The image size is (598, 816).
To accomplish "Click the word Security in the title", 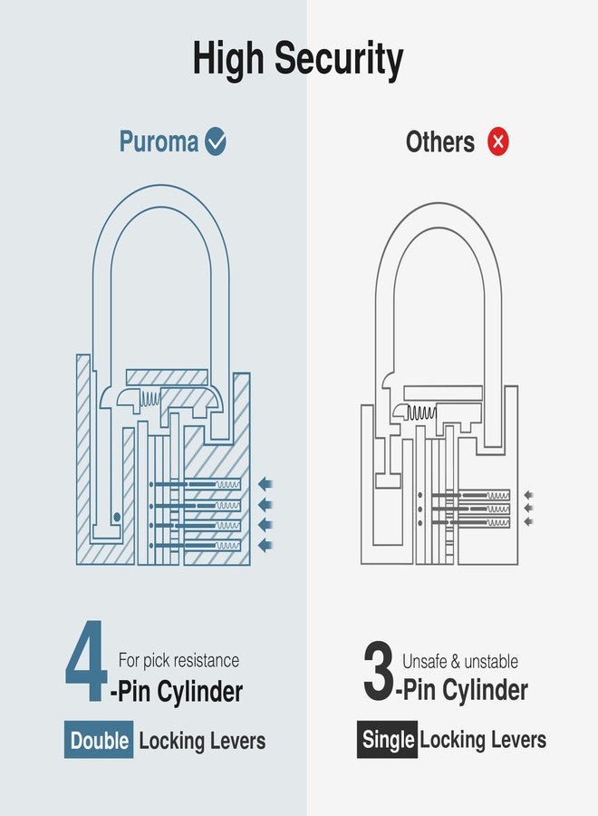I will (339, 60).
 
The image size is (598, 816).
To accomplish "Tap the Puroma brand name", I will (159, 142).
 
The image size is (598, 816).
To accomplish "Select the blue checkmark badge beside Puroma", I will (216, 141).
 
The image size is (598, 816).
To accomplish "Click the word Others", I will (440, 142).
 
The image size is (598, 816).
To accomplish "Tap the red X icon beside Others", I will (498, 141).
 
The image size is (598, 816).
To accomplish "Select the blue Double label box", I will (100, 741).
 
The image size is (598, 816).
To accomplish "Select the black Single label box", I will (387, 740).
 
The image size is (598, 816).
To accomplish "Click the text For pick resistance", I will (178, 661).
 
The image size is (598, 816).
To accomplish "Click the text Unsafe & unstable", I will (460, 661).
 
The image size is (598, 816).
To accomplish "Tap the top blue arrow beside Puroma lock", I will (265, 483).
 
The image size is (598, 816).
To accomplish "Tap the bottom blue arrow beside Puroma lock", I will (265, 545).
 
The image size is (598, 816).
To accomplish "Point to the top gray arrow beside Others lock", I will (528, 495).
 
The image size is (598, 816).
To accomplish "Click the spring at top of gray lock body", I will (421, 413).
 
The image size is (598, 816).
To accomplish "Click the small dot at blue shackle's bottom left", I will (117, 518).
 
